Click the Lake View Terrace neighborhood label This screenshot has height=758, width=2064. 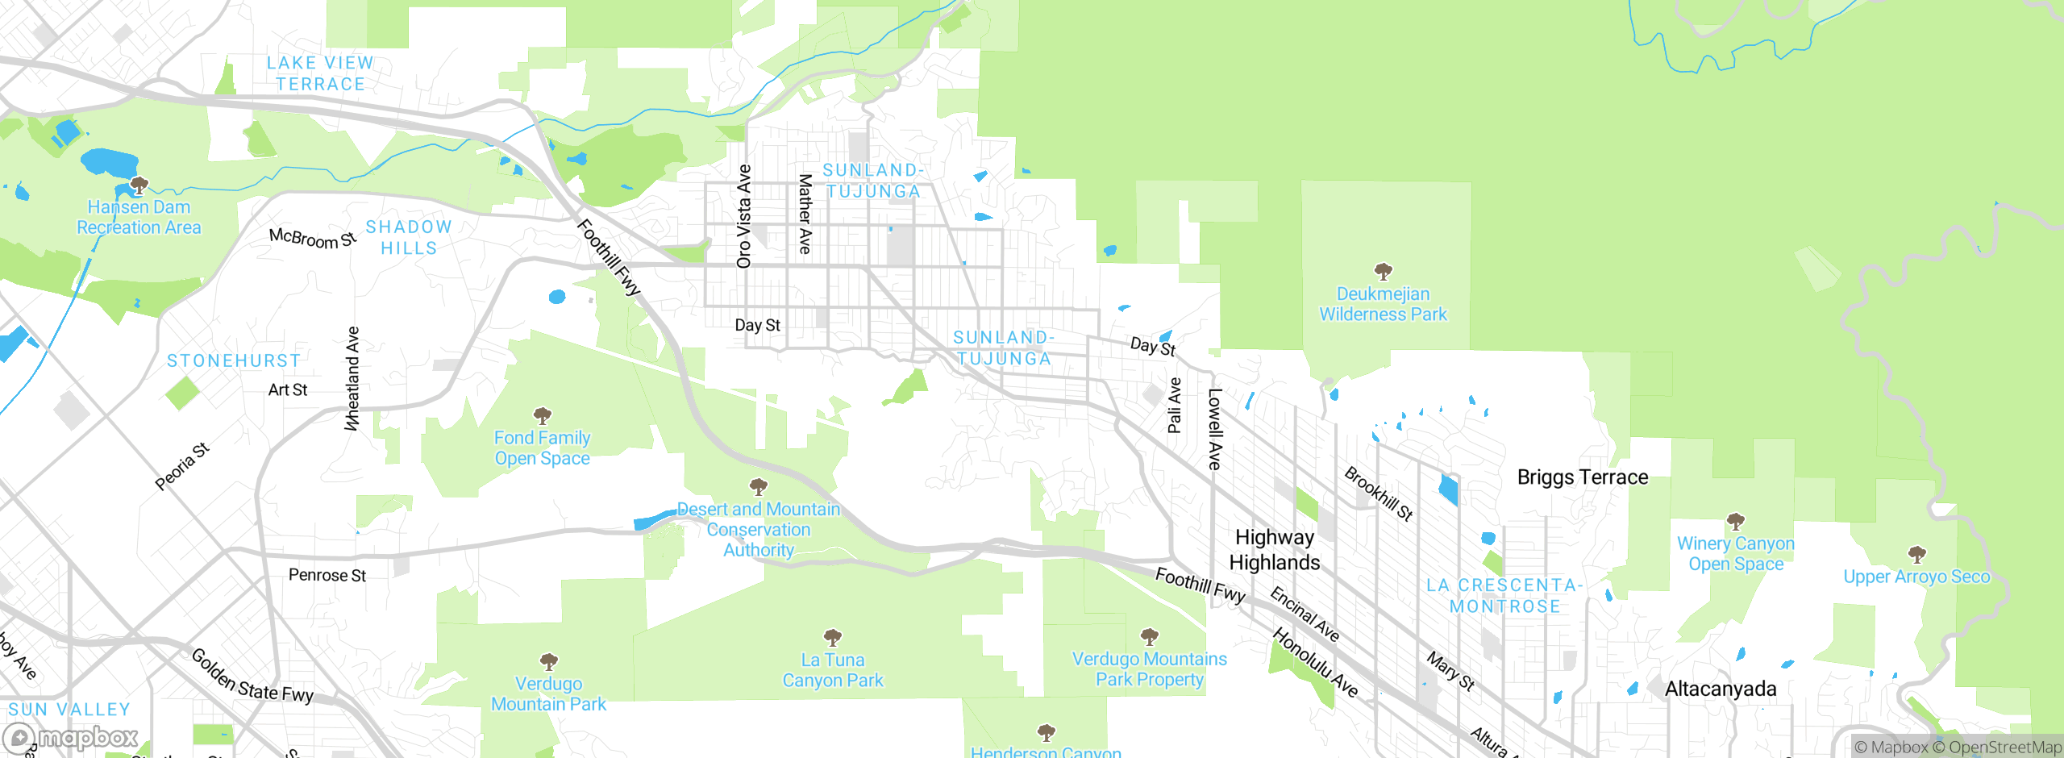click(320, 73)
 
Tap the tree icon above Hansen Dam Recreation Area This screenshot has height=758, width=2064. click(139, 186)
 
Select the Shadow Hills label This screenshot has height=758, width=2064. click(409, 238)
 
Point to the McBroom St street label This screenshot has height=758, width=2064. click(312, 238)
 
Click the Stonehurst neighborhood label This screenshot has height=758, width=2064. click(234, 360)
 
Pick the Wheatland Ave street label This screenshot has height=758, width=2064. click(352, 378)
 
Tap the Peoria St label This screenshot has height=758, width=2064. click(182, 466)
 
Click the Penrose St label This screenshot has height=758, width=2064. click(327, 575)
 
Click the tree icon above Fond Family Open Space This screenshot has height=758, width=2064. click(543, 416)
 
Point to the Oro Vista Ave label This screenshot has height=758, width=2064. click(743, 216)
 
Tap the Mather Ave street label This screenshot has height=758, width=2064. click(805, 214)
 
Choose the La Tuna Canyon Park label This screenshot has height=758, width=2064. click(833, 670)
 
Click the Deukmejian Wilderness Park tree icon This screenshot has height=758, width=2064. click(1383, 271)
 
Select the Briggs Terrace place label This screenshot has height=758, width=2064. click(1582, 477)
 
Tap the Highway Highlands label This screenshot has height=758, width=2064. click(1274, 550)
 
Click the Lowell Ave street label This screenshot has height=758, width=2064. click(1214, 429)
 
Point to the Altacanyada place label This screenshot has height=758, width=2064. click(1721, 689)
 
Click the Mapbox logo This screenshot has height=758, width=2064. click(71, 738)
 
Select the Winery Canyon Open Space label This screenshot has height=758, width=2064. click(1736, 554)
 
